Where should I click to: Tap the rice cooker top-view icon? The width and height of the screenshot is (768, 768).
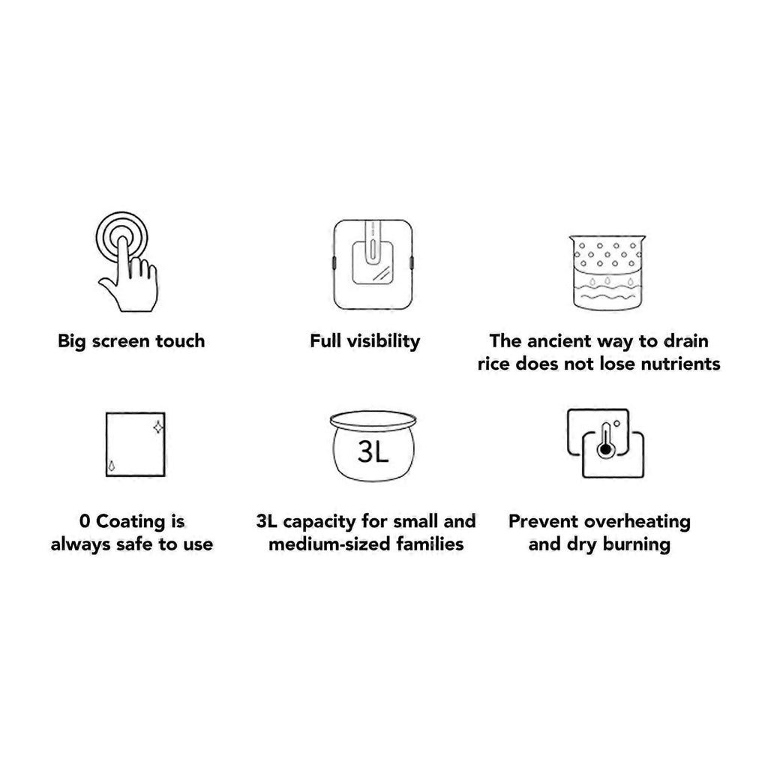[x=373, y=265]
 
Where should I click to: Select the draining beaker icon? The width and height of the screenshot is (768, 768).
[x=607, y=272]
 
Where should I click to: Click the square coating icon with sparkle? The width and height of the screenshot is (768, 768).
[x=136, y=444]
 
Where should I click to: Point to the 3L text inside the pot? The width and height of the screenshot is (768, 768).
[x=373, y=451]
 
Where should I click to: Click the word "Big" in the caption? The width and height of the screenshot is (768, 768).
[x=71, y=341]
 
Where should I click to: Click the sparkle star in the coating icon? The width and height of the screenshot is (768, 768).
[x=158, y=428]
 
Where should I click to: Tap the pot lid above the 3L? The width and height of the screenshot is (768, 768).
[x=373, y=421]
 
